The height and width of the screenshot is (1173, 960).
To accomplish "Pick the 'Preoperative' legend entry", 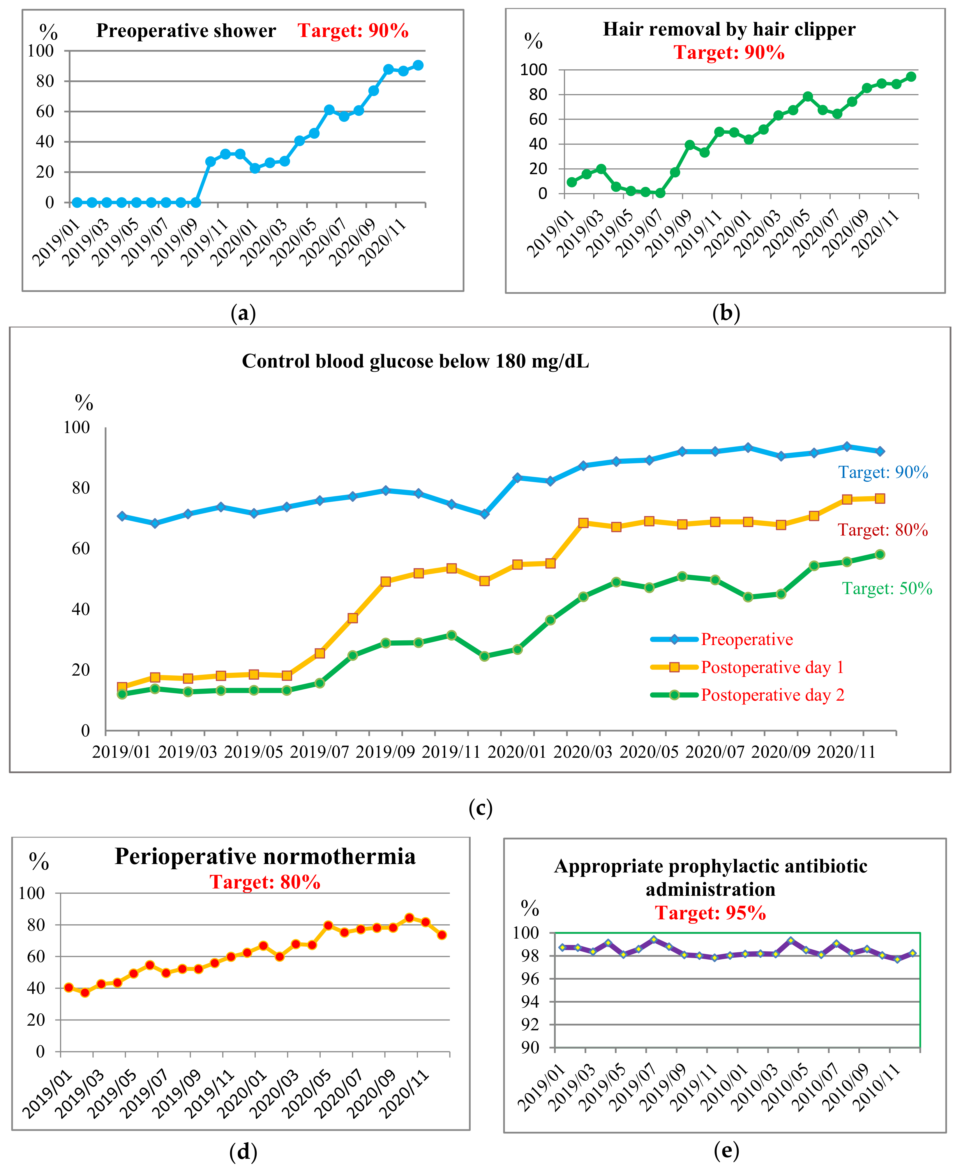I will (747, 640).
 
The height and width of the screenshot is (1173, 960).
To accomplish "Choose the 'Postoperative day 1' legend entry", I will (772, 667).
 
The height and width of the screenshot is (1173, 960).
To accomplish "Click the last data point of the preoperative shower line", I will (418, 65).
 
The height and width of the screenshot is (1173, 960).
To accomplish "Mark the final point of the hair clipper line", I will (911, 77).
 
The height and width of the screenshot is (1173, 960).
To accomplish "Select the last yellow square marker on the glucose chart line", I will (880, 499).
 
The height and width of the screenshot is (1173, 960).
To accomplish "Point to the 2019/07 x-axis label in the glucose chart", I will (319, 752).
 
